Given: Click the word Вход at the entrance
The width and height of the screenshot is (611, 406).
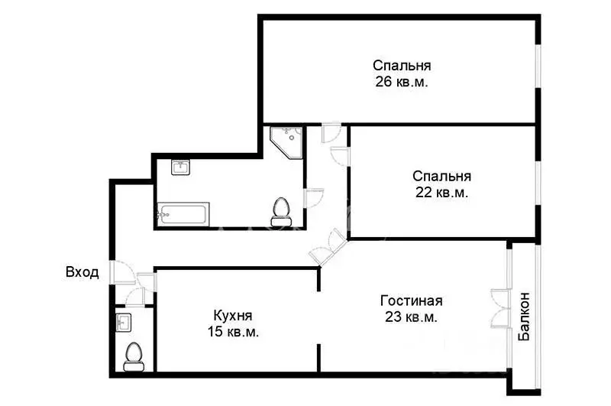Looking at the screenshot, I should (x=82, y=273).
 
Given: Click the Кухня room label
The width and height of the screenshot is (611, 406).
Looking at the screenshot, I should (x=232, y=315).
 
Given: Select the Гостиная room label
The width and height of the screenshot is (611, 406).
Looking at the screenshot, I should (x=411, y=300).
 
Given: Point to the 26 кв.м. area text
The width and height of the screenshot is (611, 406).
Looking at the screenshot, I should (x=401, y=82).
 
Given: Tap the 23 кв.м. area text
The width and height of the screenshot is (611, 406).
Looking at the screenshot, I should (x=411, y=317).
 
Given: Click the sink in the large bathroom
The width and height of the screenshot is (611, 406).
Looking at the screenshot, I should (x=181, y=167).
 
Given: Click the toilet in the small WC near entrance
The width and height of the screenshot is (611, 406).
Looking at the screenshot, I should (x=134, y=356).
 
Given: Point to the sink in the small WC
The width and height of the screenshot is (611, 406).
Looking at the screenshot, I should (x=124, y=322).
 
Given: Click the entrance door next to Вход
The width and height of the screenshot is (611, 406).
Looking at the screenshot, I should (x=119, y=272).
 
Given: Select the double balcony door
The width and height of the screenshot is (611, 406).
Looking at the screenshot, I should (x=500, y=304).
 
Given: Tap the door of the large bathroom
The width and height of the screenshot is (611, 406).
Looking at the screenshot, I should (x=314, y=199).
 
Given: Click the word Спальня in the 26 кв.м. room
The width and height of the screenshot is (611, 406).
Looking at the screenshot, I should (x=401, y=65).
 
